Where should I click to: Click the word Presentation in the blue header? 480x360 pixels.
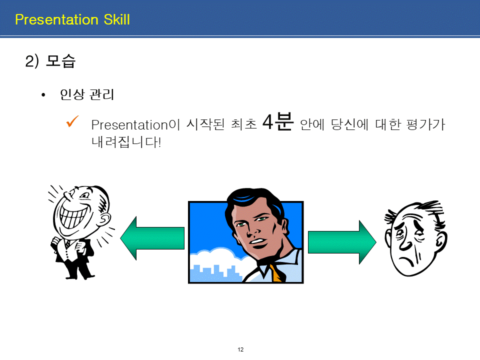click(56, 19)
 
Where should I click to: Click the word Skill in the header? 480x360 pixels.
click(116, 19)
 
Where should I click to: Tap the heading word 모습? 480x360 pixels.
click(60, 60)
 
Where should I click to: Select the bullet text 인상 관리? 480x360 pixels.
click(87, 94)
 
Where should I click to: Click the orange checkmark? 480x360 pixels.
click(72, 121)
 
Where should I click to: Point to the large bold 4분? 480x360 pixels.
click(278, 121)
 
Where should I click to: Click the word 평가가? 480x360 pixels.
click(425, 124)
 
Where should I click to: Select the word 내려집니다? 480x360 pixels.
click(126, 142)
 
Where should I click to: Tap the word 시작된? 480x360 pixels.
click(205, 124)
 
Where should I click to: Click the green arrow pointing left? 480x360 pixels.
click(152, 238)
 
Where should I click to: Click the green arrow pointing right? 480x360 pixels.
click(342, 242)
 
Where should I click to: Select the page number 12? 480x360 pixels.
click(240, 349)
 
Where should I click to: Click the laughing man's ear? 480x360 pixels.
click(105, 219)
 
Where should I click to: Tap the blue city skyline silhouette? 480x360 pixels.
click(215, 273)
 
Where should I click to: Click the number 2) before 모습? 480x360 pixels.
click(32, 61)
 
